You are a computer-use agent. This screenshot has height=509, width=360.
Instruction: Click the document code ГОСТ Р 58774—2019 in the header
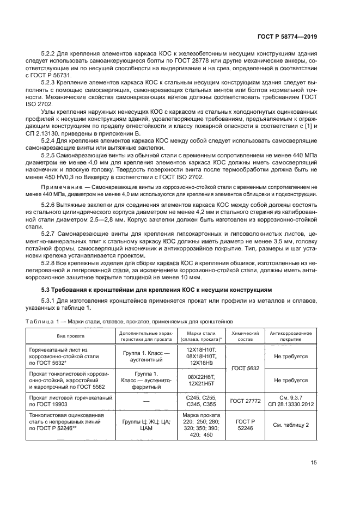click(286, 36)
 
